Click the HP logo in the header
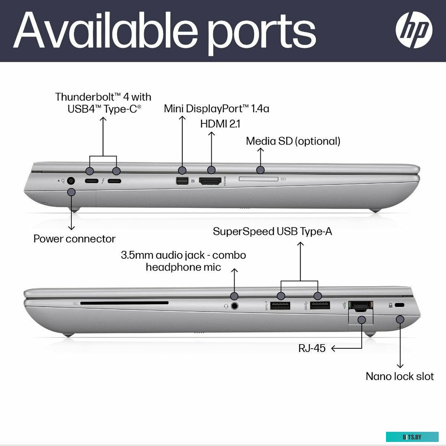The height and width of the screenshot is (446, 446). coord(414,30)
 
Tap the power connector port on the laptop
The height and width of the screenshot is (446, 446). coord(71,180)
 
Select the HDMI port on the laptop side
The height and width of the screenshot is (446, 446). coord(210,181)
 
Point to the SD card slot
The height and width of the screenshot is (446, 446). coord(259,179)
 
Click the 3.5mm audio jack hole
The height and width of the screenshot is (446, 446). coord(234,306)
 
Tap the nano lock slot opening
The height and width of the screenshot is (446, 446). coord(400,305)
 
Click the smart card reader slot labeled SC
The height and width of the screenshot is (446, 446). coord(124,303)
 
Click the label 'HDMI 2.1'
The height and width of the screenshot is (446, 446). coord(221,124)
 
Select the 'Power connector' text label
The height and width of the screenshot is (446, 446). coord(75,239)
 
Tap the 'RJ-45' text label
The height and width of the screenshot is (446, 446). coord(312,348)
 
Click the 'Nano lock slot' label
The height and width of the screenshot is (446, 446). coord(400,376)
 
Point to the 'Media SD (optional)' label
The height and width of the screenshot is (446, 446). coord(293,141)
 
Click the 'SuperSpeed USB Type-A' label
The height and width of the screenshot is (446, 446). coord(272,231)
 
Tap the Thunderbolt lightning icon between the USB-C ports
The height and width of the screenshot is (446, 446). coord(103,180)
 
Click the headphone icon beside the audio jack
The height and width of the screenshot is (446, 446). coord(226,307)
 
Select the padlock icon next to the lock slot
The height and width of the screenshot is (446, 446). coord(390,305)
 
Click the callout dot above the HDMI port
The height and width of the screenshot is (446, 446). coord(211,170)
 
